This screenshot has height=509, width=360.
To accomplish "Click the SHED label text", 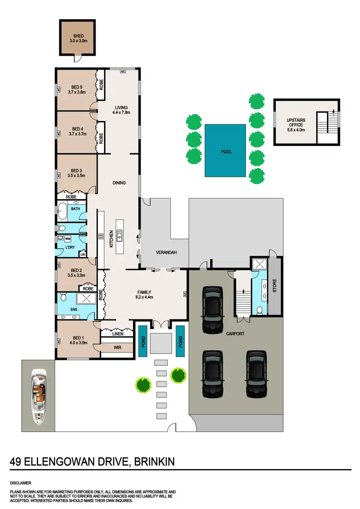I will coord(77,36).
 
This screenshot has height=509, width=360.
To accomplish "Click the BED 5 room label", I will coord(77,87).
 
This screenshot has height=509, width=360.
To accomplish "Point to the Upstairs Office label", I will coord(296,120).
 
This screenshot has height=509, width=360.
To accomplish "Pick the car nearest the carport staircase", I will coord(213,310).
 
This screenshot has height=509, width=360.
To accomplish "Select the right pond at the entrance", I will coord(180,340).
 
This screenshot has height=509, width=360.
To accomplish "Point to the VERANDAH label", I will coord(166,252).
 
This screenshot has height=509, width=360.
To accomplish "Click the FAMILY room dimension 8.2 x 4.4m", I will coord(144,298).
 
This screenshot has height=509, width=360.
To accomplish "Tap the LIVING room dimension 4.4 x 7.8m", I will coord(120,113).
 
